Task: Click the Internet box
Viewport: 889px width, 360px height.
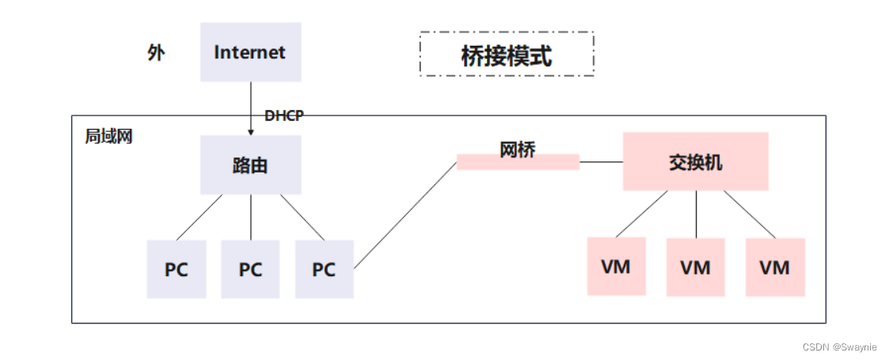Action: (250, 52)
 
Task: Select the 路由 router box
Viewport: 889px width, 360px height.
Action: (250, 165)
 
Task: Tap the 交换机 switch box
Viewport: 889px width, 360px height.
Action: (695, 161)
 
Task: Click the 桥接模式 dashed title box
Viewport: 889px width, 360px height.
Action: (507, 55)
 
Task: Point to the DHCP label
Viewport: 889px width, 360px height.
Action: (283, 116)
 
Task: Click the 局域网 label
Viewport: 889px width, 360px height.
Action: (108, 136)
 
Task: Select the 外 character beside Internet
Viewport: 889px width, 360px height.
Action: (156, 53)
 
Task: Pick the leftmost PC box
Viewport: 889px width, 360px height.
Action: (176, 269)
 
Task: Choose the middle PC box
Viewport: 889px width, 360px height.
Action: (250, 269)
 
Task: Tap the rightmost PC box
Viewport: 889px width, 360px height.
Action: (324, 269)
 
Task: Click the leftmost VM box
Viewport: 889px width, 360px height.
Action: (616, 267)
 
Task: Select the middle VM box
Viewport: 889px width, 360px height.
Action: (695, 267)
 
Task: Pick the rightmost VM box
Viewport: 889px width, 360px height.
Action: (774, 267)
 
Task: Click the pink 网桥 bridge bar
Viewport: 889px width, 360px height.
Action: (518, 162)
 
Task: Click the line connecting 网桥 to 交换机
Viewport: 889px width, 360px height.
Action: (601, 162)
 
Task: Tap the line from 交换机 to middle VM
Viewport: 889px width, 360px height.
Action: (696, 214)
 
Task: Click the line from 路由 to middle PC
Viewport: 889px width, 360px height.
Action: (251, 217)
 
